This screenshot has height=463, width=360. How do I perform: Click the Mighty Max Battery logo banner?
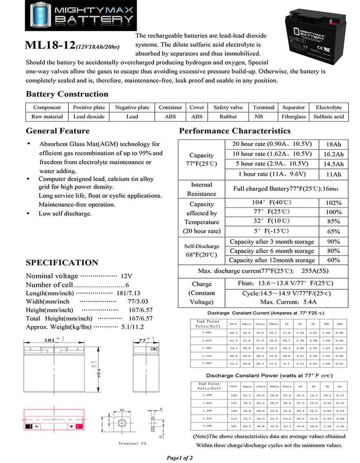click(81, 15)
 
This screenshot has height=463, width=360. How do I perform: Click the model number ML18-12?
click(50, 45)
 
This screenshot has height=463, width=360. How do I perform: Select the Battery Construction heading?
click(67, 94)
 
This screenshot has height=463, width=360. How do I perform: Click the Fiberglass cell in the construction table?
click(294, 117)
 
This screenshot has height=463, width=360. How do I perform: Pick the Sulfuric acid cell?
click(328, 117)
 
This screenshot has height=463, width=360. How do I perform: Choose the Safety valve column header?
click(228, 107)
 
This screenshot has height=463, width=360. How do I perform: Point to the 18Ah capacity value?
click(333, 144)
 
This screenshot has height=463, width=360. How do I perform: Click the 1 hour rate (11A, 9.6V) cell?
click(272, 174)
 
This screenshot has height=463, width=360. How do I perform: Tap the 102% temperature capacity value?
click(333, 203)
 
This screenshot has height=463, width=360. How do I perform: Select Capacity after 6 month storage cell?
click(272, 251)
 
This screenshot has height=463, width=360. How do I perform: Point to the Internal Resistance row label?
click(201, 189)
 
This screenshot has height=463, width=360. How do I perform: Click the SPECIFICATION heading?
click(62, 262)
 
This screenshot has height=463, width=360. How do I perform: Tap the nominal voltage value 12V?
click(127, 276)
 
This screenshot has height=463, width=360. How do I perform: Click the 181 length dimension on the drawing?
click(50, 340)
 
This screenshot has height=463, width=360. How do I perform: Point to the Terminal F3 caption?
click(132, 443)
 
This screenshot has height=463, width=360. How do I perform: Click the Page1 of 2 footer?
click(180, 458)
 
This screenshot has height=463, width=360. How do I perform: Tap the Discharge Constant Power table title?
click(269, 376)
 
